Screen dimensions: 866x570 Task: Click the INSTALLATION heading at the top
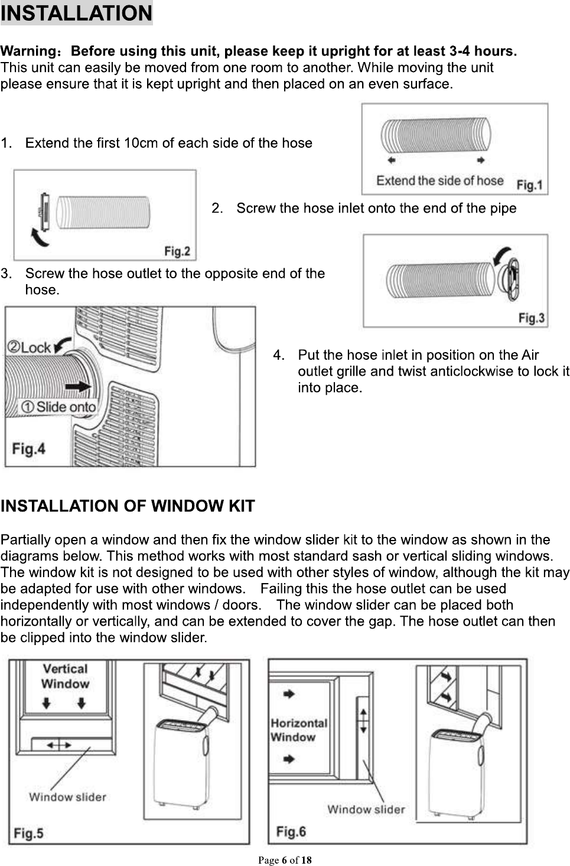tap(76, 13)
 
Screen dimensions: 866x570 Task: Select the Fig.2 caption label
tap(177, 252)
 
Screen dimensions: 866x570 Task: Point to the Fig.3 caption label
tap(531, 318)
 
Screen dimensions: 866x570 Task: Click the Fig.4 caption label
tap(29, 449)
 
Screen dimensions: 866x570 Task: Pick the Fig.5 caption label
tap(29, 833)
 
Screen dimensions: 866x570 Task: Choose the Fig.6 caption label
tap(291, 832)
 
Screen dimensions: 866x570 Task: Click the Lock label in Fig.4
tap(30, 347)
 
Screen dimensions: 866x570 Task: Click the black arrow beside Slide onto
tap(78, 386)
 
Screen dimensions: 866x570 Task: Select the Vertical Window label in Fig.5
tap(65, 676)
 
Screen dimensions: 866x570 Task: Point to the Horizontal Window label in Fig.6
tap(298, 730)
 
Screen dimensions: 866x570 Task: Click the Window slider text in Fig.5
tap(67, 797)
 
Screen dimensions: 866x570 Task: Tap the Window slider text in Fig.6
tap(366, 809)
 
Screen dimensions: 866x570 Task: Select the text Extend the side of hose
tap(439, 180)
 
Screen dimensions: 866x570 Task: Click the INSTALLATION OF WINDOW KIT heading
tap(128, 506)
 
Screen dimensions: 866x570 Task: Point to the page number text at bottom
tap(285, 860)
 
